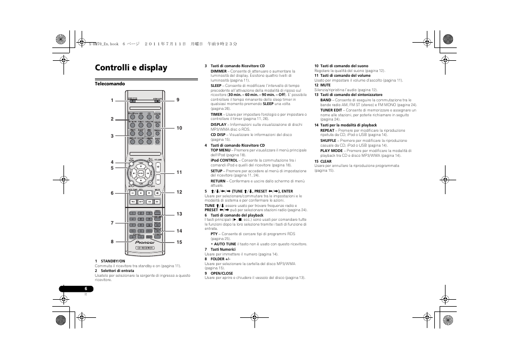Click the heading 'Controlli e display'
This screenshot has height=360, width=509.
tap(131, 68)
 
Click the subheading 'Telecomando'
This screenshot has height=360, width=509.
tap(110, 84)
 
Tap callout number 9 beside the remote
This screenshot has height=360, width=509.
tap(178, 100)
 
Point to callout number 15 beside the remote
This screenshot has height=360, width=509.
tap(179, 242)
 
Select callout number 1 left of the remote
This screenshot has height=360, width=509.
tap(112, 100)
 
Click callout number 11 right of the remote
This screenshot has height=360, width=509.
tap(179, 172)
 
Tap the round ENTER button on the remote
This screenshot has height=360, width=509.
tap(140, 173)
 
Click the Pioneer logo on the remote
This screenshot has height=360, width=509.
tap(145, 242)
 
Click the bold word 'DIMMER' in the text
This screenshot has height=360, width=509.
tap(218, 71)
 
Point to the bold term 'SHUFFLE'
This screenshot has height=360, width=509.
tap(328, 140)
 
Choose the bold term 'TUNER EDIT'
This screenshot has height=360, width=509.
tap(331, 110)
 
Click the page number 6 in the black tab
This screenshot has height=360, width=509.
tap(85, 289)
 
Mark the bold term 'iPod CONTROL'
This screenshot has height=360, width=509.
tap(224, 160)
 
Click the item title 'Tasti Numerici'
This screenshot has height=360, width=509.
tap(223, 249)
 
